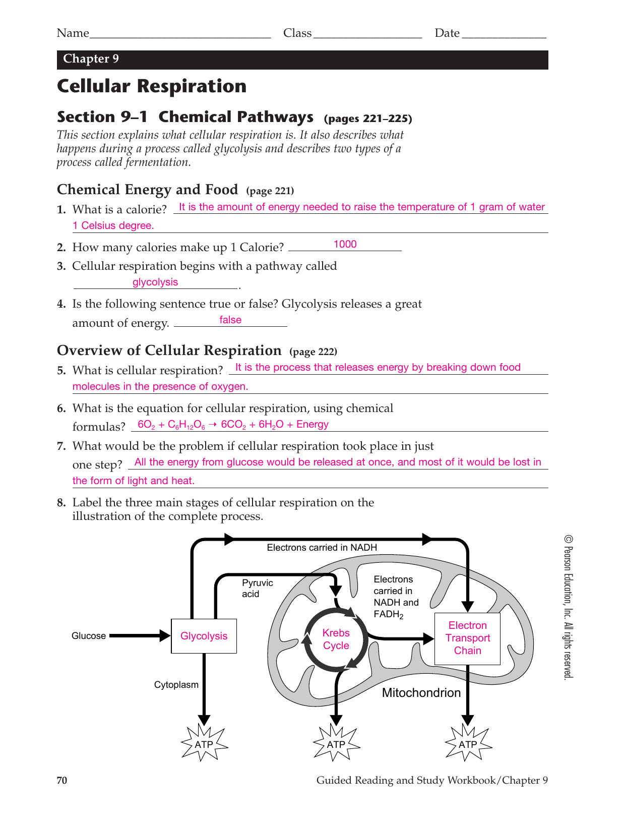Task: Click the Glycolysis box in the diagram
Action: [204, 636]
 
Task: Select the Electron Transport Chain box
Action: [467, 638]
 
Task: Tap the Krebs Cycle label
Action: [336, 639]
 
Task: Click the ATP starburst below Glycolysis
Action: [204, 744]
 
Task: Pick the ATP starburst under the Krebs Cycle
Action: [336, 744]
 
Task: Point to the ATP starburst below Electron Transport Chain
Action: [468, 744]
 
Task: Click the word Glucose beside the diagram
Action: [89, 636]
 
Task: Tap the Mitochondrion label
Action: [421, 693]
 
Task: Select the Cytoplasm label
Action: [176, 685]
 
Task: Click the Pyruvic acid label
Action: [257, 588]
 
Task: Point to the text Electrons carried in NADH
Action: [322, 548]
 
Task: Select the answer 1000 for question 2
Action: [345, 244]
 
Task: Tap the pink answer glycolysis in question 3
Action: [155, 282]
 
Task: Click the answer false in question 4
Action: [230, 320]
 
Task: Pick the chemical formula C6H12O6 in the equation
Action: [186, 425]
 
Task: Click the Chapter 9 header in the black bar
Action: [91, 59]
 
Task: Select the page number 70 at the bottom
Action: [62, 780]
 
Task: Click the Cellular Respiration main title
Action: [152, 86]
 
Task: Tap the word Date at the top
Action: [447, 33]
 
